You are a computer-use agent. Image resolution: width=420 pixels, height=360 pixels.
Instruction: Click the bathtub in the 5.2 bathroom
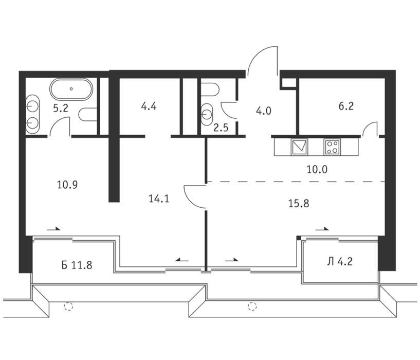pyautogui.click(x=71, y=89)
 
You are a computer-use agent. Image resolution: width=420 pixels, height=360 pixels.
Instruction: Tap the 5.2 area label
pyautogui.click(x=61, y=109)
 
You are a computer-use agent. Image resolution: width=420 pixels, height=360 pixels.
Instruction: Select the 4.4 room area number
pyautogui.click(x=149, y=106)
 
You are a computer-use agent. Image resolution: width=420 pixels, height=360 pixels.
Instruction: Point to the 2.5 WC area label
pyautogui.click(x=221, y=128)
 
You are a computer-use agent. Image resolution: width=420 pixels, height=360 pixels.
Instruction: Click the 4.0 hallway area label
pyautogui.click(x=264, y=111)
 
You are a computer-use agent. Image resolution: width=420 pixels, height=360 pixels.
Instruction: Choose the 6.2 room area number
pyautogui.click(x=346, y=106)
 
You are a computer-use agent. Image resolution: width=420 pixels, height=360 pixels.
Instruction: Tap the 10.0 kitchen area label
pyautogui.click(x=317, y=169)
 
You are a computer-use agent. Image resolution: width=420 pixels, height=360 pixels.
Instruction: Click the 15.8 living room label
pyautogui.click(x=299, y=204)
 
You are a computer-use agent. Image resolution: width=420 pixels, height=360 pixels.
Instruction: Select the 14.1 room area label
pyautogui.click(x=159, y=199)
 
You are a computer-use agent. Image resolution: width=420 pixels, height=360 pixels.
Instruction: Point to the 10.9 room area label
pyautogui.click(x=67, y=185)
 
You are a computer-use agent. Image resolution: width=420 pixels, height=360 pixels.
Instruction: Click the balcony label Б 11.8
pyautogui.click(x=77, y=265)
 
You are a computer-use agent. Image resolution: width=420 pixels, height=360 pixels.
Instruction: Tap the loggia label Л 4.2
pyautogui.click(x=340, y=261)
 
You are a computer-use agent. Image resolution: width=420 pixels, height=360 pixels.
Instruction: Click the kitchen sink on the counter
pyautogui.click(x=300, y=147)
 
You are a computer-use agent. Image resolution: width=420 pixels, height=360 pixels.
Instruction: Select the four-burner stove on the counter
pyautogui.click(x=333, y=147)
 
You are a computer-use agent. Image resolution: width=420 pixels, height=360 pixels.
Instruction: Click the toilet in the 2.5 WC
pyautogui.click(x=210, y=90)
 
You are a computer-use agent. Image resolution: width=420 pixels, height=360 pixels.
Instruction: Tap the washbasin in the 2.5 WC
pyautogui.click(x=207, y=115)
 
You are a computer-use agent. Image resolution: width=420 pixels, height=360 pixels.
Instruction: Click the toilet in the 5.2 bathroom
pyautogui.click(x=88, y=115)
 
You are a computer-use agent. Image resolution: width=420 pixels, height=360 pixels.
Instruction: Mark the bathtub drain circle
pyautogui.click(x=71, y=89)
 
